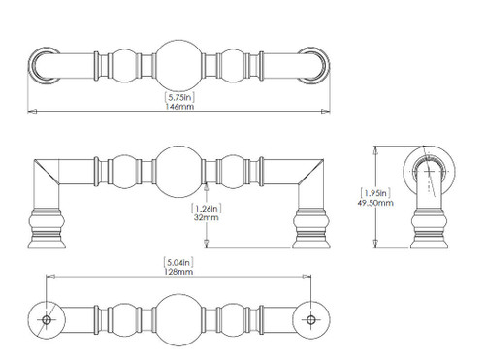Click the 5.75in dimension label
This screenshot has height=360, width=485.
pos(179,97)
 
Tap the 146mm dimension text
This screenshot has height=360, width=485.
pos(179,107)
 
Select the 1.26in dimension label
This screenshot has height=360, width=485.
pos(207,209)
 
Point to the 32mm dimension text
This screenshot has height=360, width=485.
pos(207,217)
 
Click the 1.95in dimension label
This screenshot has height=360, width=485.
pos(375,193)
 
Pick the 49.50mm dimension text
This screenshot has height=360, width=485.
pos(375,203)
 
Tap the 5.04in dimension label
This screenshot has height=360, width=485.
pos(178,262)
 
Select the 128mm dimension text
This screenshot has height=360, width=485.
pos(178,272)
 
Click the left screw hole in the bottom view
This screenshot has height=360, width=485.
pos(47,320)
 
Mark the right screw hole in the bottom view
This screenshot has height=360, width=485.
pos(311,320)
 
